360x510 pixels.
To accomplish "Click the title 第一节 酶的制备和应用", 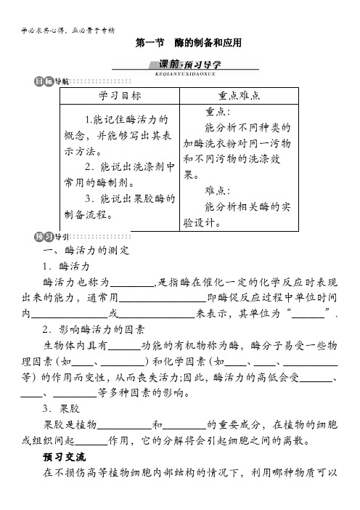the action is click(x=189, y=43).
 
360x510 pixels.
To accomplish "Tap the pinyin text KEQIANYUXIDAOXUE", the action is click(x=185, y=74).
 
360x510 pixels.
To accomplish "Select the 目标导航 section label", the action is click(x=52, y=81).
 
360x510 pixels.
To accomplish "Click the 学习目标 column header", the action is click(x=120, y=96).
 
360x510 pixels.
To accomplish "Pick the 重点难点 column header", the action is click(x=239, y=96).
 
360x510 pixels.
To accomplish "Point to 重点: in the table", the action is click(x=218, y=112).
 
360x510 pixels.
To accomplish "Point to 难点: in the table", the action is click(x=218, y=190).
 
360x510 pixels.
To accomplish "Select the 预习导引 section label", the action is click(x=52, y=237).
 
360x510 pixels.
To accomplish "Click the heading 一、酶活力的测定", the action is click(x=86, y=250).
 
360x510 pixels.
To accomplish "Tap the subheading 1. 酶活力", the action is click(x=66, y=266).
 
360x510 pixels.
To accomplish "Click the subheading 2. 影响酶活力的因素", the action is click(x=94, y=330).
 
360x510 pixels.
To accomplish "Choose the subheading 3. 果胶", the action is click(x=61, y=409).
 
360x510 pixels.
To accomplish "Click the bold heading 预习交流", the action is click(x=65, y=457).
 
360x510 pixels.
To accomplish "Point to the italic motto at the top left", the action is click(x=68, y=31).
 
